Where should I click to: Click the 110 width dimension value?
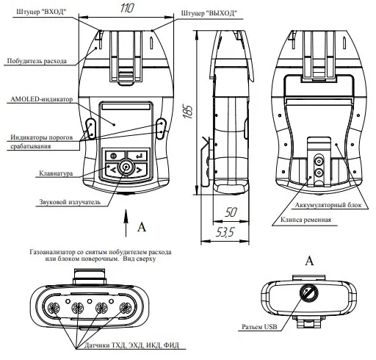pos(127,8)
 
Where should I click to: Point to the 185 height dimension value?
pos(188,112)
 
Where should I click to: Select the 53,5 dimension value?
pos(225,232)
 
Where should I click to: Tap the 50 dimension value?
pos(231,212)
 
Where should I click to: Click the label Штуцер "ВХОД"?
pos(41,12)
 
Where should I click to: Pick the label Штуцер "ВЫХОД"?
pos(209,13)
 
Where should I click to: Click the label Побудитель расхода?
pos(37,61)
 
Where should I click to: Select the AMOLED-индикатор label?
pos(42,99)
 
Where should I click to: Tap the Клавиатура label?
pos(56,173)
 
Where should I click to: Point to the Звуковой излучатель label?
pos(70,202)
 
